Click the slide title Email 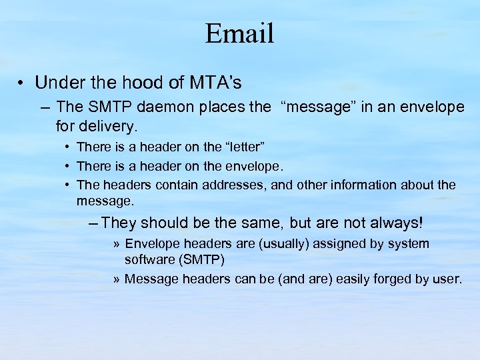pyautogui.click(x=240, y=33)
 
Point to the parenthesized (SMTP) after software pyautogui.click(x=201, y=259)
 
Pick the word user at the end pyautogui.click(x=448, y=279)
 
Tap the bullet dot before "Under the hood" pyautogui.click(x=22, y=84)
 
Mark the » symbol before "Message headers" pyautogui.click(x=117, y=279)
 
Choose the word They pyautogui.click(x=119, y=223)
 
